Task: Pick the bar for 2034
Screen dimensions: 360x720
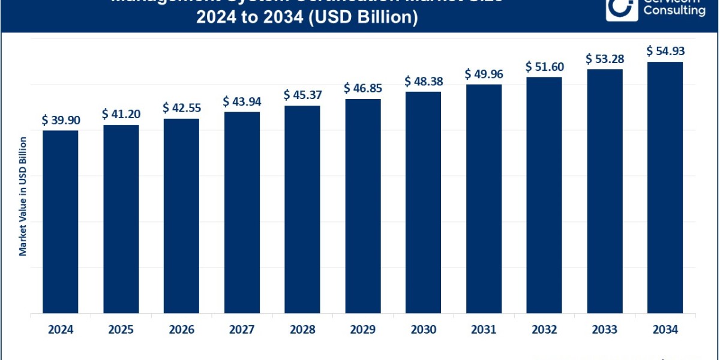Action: click(665, 187)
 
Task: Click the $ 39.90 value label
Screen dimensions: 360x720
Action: click(61, 120)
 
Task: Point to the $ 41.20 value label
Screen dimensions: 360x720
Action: click(121, 114)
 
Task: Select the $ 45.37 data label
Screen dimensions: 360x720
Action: click(302, 95)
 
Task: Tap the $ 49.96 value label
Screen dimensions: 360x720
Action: click(484, 74)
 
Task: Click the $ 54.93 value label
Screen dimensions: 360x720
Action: click(665, 51)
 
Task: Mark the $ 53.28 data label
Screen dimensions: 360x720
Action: click(605, 58)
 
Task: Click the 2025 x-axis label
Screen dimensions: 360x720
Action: click(121, 330)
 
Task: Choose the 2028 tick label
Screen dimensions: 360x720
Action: click(302, 330)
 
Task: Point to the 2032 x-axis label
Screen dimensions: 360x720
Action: click(544, 330)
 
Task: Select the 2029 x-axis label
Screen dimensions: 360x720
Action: click(362, 330)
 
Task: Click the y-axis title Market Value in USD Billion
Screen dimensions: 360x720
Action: click(23, 197)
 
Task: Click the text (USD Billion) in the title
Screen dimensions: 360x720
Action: click(368, 18)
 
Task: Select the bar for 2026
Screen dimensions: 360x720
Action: click(181, 215)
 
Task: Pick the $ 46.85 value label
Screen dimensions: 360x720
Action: click(363, 88)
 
